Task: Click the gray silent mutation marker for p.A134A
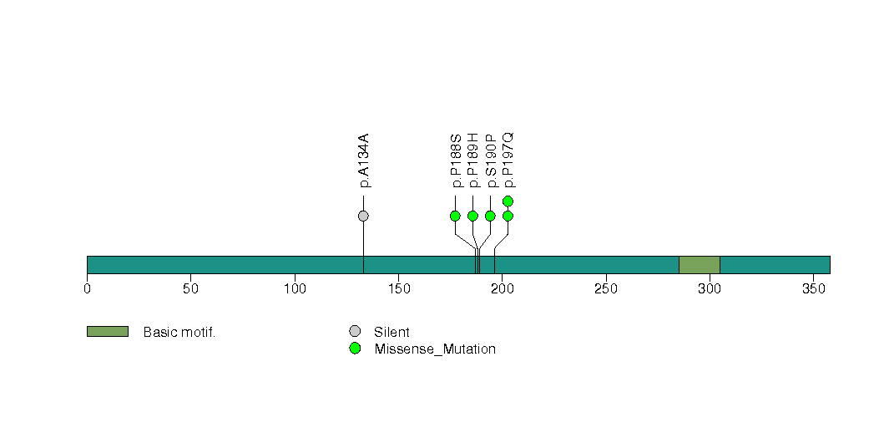click(363, 216)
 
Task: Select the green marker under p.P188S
click(456, 216)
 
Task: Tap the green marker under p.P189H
click(472, 216)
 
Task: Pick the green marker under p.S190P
click(490, 216)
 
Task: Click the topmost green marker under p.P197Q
click(508, 201)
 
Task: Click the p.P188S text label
click(456, 160)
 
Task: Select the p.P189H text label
click(473, 160)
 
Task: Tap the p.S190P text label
click(491, 160)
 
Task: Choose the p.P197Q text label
click(508, 160)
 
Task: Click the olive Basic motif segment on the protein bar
click(699, 265)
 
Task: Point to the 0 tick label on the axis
click(87, 288)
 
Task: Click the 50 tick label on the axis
click(190, 288)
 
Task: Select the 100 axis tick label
click(295, 288)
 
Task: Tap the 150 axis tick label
click(398, 288)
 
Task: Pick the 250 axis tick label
click(606, 288)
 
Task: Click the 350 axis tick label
click(813, 288)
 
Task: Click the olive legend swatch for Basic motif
click(108, 332)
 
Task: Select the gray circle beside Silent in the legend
click(355, 332)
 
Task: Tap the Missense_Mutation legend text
click(435, 349)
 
